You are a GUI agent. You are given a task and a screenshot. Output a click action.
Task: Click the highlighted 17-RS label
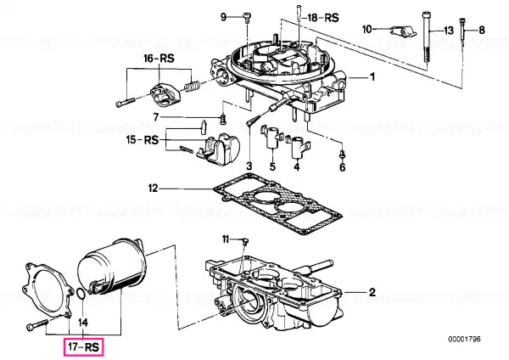click(83, 347)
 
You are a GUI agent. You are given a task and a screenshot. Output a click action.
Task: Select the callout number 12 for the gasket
click(153, 188)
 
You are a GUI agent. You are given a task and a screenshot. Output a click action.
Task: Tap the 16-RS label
click(159, 59)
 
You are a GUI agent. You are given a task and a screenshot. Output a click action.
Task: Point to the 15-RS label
click(143, 140)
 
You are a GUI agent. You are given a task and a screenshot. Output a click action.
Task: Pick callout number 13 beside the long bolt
click(448, 31)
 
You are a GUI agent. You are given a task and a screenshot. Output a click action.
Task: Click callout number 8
click(482, 31)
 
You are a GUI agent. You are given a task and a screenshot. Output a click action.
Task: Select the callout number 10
click(366, 29)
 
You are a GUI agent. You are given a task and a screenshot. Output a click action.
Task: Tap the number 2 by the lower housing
click(372, 292)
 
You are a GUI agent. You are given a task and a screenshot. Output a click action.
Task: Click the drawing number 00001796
click(465, 340)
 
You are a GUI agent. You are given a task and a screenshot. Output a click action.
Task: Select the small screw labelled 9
click(248, 19)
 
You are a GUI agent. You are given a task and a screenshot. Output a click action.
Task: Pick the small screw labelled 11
click(245, 242)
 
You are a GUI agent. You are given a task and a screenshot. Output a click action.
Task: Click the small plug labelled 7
click(222, 121)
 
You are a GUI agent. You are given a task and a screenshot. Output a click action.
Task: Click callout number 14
click(83, 323)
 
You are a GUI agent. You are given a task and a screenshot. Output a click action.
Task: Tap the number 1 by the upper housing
click(372, 77)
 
